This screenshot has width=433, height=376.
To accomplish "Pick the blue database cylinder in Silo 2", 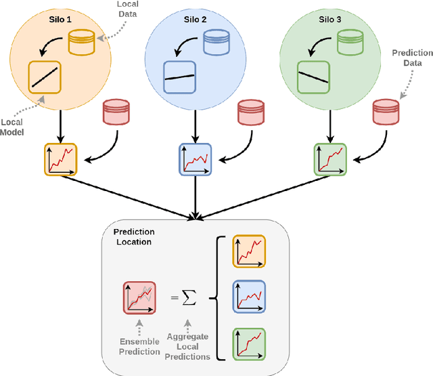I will click(x=217, y=43).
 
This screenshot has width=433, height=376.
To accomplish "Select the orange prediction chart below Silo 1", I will click(x=59, y=161).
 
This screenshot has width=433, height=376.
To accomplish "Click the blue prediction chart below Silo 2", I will click(x=195, y=161).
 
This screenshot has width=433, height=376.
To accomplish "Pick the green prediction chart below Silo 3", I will click(x=329, y=161).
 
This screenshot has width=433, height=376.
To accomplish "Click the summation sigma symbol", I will click(x=189, y=297).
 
